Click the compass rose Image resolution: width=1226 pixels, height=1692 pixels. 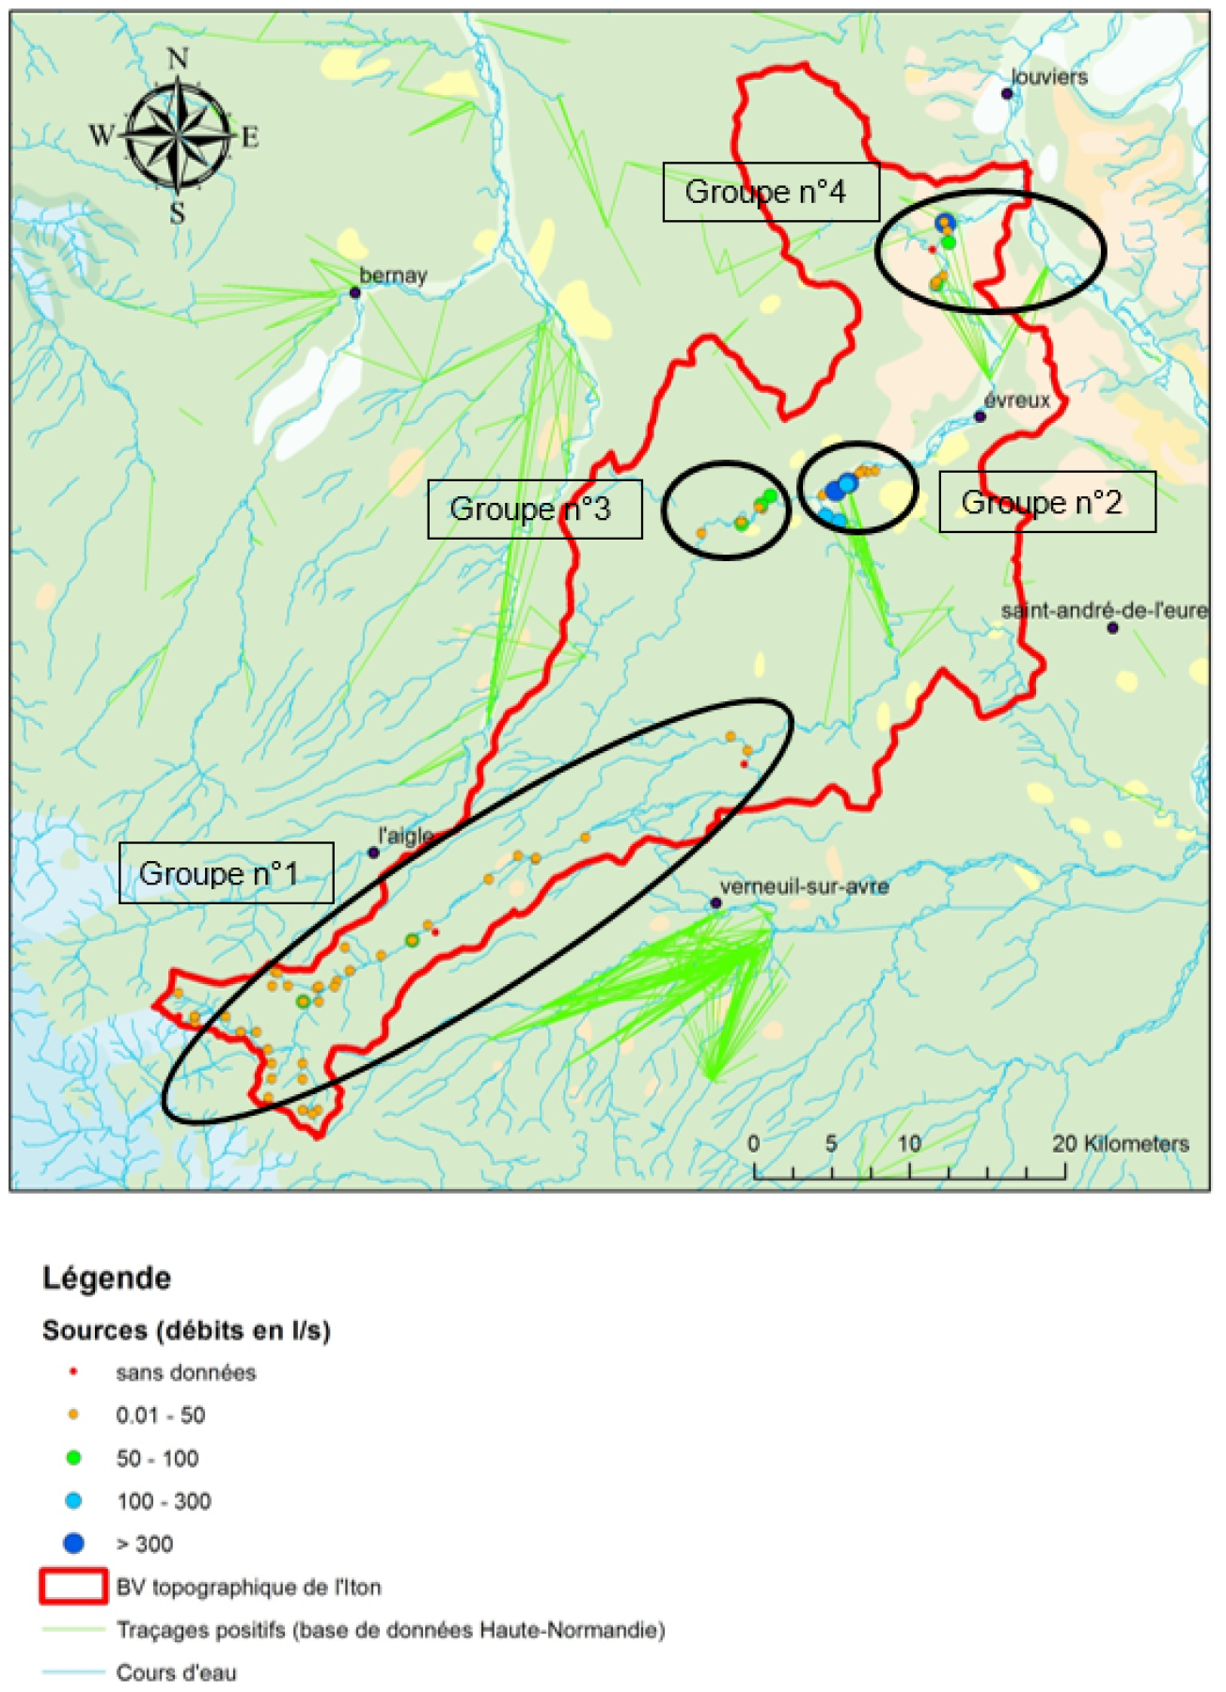[x=178, y=135]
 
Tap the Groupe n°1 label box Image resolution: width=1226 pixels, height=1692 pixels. [x=226, y=873]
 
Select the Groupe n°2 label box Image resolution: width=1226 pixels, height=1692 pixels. [x=1046, y=503]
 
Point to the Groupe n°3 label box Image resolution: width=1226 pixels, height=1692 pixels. [x=534, y=509]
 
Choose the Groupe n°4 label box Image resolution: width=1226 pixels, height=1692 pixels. [x=770, y=192]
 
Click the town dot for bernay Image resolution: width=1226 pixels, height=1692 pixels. [x=355, y=293]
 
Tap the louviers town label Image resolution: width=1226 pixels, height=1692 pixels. [x=1049, y=77]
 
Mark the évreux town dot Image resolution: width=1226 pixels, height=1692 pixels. [x=980, y=416]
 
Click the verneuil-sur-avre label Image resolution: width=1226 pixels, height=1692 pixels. [x=804, y=886]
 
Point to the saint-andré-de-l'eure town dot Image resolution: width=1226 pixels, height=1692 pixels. [x=1112, y=628]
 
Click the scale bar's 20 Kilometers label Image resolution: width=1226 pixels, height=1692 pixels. [x=1121, y=1144]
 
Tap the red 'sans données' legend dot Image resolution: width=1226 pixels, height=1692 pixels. [x=73, y=1372]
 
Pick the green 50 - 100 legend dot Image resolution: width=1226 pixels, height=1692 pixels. [x=73, y=1458]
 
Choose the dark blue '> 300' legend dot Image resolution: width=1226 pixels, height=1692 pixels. [x=73, y=1543]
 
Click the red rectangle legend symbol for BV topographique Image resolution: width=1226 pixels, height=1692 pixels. [x=73, y=1587]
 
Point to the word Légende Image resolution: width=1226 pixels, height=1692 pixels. [x=107, y=1278]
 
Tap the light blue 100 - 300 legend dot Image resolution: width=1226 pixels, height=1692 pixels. [x=73, y=1501]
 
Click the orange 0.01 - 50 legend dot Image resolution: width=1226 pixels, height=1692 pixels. [x=73, y=1415]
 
